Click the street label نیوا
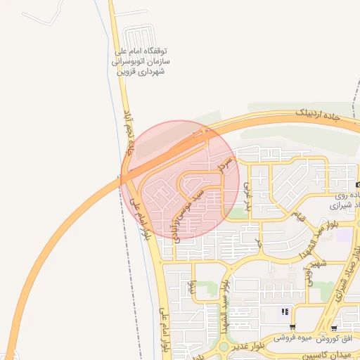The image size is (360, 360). point(191,287)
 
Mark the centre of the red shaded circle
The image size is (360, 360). point(180,179)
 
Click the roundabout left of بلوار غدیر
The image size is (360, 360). point(224,346)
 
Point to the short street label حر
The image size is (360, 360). point(258,243)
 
